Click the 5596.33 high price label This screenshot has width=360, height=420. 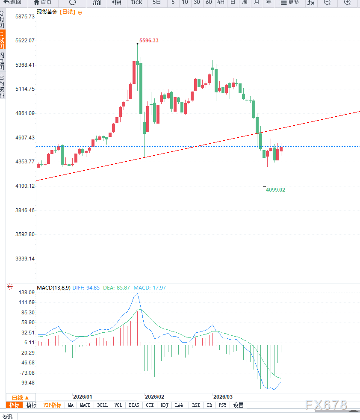point(149,41)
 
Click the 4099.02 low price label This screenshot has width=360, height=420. point(275,189)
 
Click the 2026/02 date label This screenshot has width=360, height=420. point(154,396)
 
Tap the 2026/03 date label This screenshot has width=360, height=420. point(223,396)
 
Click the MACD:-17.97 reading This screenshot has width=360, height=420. point(150,287)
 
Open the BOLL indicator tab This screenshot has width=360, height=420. point(103,405)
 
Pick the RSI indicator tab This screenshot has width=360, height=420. point(196,405)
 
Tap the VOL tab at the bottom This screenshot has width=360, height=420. point(118,405)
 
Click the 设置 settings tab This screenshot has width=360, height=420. point(239,405)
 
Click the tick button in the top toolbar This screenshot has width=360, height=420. point(136,3)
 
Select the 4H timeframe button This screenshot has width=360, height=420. point(221,3)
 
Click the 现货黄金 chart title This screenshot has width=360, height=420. point(47,12)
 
